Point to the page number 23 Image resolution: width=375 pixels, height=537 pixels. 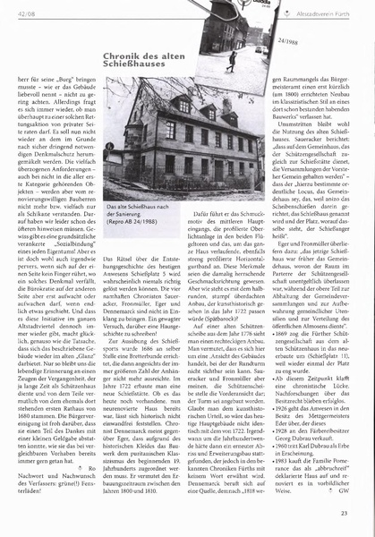tap(356, 512)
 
